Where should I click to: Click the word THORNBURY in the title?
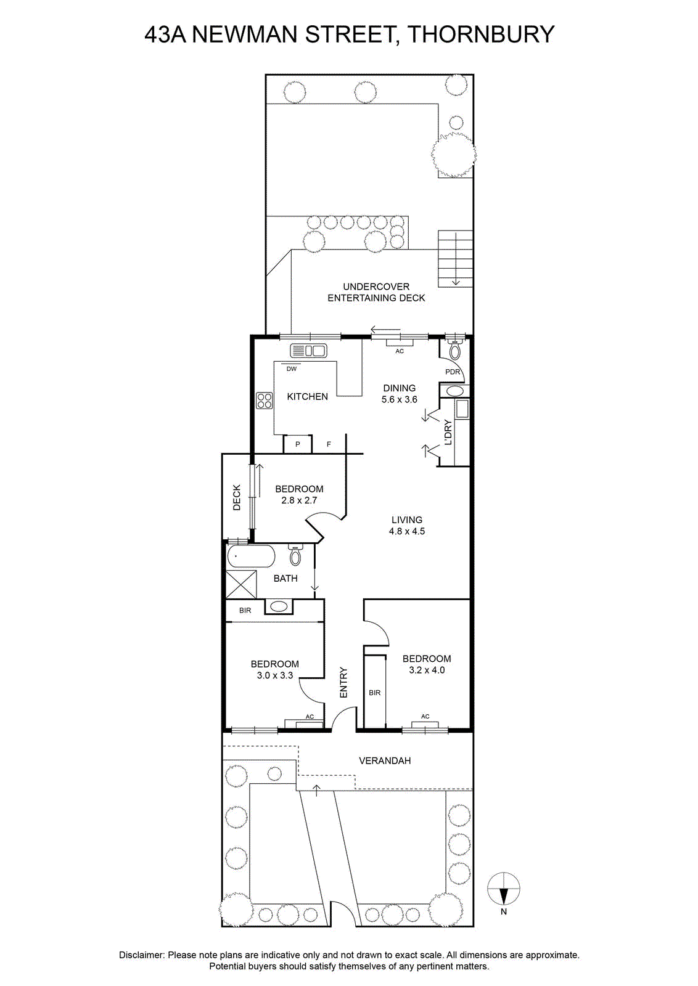click(x=481, y=35)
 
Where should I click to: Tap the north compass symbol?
click(x=503, y=889)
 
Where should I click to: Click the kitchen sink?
click(x=308, y=351)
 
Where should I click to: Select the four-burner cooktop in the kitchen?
click(x=265, y=401)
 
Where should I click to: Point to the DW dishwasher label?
click(x=292, y=369)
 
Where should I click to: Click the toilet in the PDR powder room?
click(x=454, y=349)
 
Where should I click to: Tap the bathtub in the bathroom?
click(x=251, y=556)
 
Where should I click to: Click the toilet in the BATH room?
click(x=295, y=555)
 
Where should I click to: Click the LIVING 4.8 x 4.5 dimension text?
click(x=406, y=531)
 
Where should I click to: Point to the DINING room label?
click(x=399, y=388)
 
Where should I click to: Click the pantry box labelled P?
click(x=297, y=444)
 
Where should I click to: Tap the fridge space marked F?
click(x=329, y=444)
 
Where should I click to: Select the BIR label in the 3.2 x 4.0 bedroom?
click(x=374, y=693)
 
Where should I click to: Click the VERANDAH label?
click(x=384, y=760)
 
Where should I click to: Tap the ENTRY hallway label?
click(x=344, y=683)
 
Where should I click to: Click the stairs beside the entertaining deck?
click(x=455, y=258)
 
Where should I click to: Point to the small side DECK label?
click(x=237, y=497)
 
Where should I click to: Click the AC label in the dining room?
click(x=400, y=351)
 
